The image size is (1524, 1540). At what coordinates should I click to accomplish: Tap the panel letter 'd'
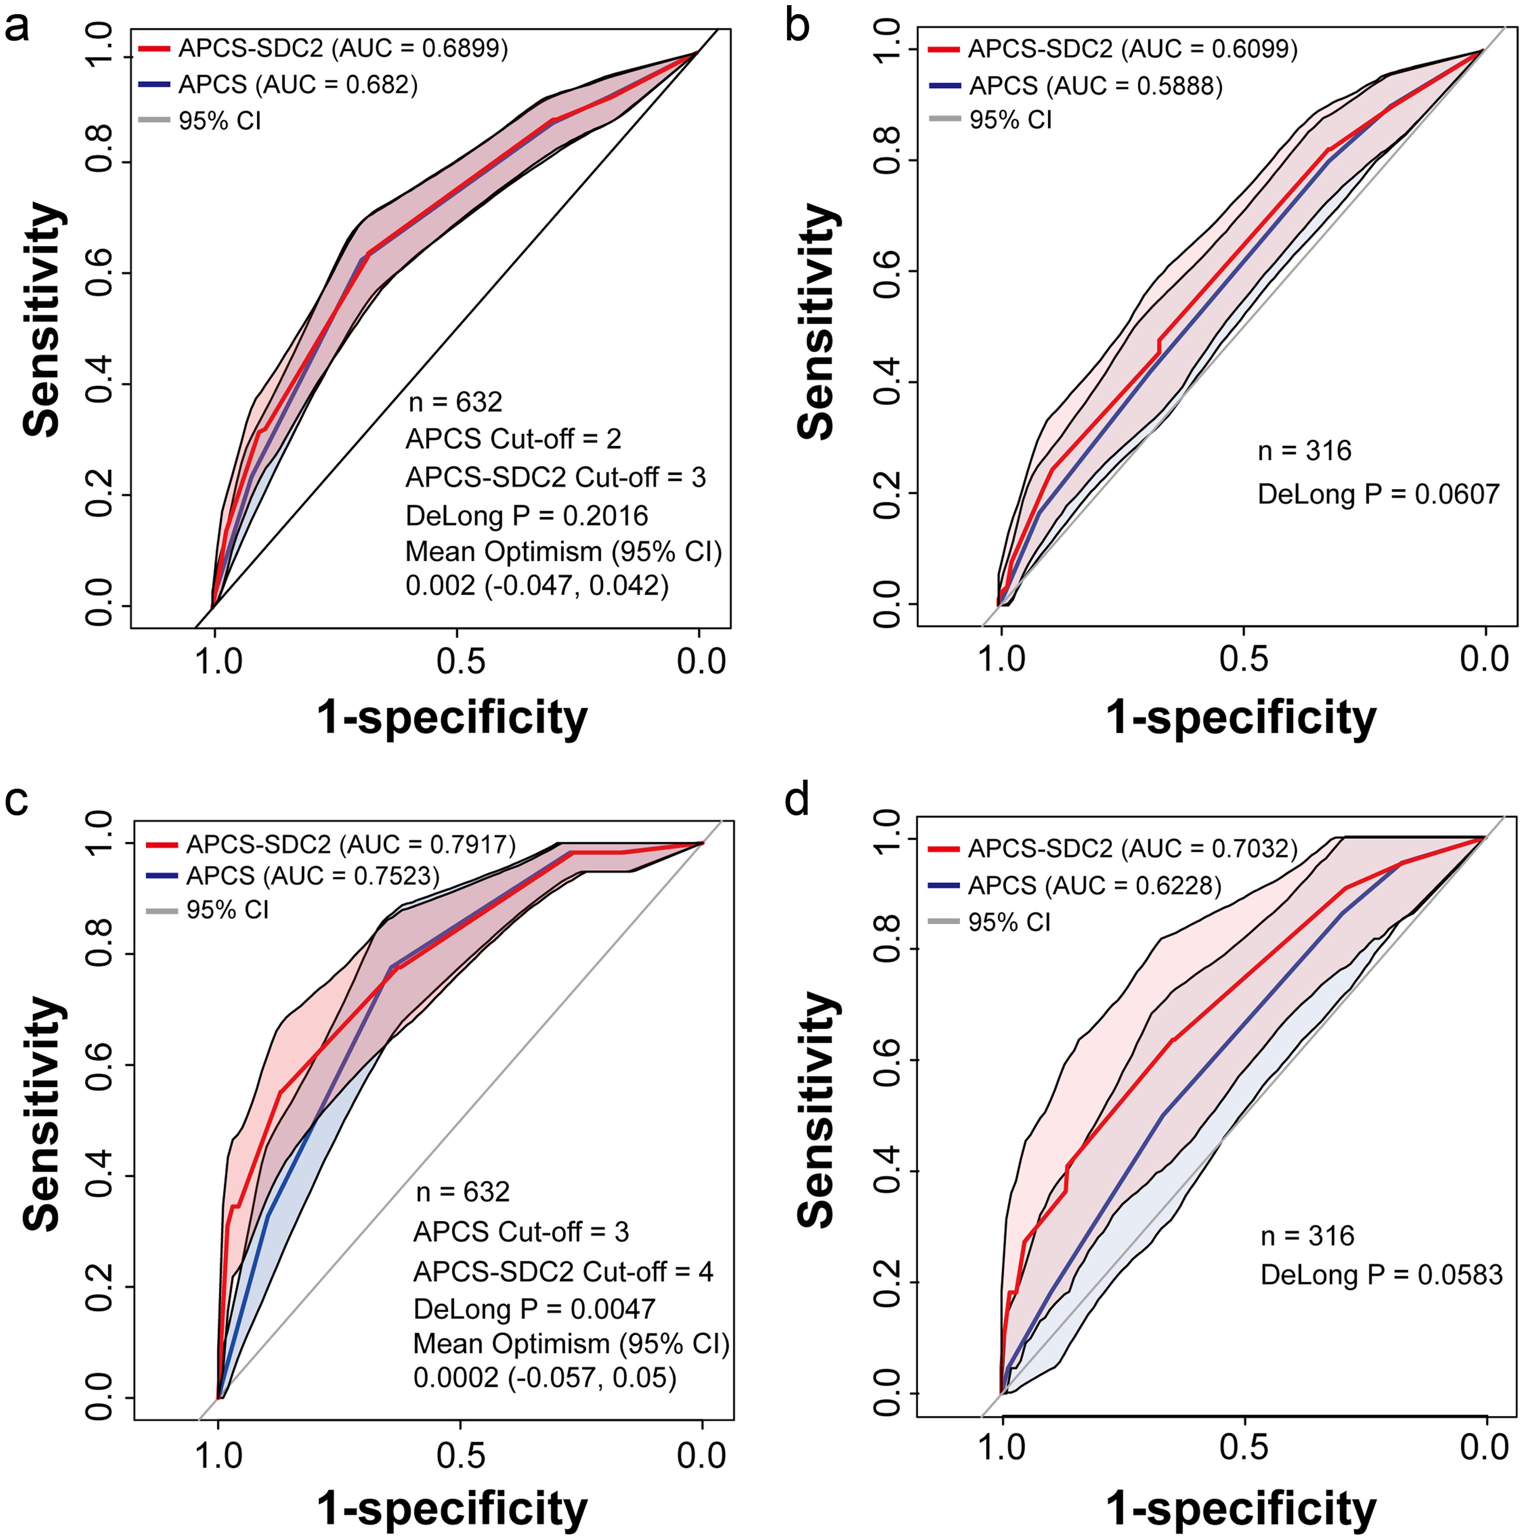(x=797, y=799)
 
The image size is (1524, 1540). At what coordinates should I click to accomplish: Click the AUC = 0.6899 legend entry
(x=343, y=49)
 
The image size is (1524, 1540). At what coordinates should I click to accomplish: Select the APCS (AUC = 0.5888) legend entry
(x=1095, y=85)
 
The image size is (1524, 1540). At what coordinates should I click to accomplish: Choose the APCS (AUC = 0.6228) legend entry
(x=1094, y=885)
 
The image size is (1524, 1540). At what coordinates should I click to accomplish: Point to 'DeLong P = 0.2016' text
(x=526, y=516)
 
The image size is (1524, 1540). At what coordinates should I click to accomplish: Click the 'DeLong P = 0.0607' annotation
(x=1378, y=494)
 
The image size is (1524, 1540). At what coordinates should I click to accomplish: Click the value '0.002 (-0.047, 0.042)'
(x=537, y=586)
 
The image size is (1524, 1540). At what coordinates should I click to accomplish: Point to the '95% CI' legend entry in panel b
(x=1010, y=120)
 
